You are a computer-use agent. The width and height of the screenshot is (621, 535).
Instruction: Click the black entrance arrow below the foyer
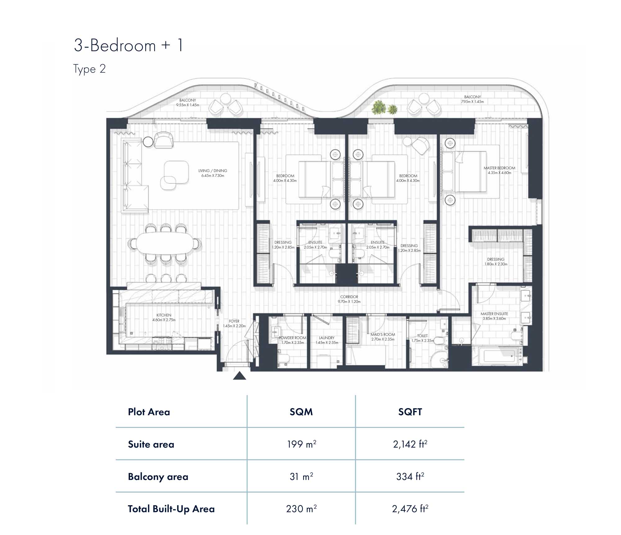coord(239,376)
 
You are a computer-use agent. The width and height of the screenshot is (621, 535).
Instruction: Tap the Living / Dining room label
coord(213,173)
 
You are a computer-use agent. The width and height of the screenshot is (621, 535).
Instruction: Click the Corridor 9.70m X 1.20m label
coord(349,299)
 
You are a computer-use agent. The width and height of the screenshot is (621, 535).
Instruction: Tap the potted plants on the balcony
coord(384,108)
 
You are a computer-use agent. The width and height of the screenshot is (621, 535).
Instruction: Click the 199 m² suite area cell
coord(301,444)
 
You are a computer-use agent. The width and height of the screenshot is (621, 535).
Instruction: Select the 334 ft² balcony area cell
coord(410,476)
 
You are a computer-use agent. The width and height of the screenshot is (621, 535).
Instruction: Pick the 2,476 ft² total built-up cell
coord(410,509)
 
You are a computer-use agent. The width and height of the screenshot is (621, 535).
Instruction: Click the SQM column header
coord(301,412)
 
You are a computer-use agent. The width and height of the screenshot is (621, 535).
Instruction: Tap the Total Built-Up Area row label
coord(171,509)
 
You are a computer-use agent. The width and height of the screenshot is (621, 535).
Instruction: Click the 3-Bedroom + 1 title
coord(129,45)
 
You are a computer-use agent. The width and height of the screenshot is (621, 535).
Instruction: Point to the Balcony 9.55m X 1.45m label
coord(188,103)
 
